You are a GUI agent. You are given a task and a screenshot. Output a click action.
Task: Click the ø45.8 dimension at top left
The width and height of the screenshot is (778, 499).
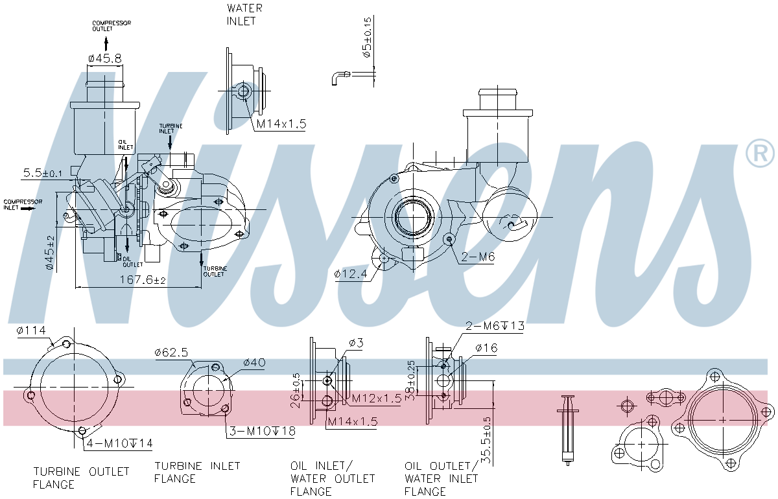click(x=104, y=58)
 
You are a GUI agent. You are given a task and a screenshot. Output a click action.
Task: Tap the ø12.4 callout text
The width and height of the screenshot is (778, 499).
click(x=351, y=274)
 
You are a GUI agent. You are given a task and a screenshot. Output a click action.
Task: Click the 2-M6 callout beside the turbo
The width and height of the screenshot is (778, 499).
click(x=478, y=257)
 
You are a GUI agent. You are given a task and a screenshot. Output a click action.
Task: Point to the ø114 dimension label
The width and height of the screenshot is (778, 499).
click(x=31, y=331)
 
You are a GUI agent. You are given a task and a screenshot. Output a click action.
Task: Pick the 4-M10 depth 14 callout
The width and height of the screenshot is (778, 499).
click(x=120, y=443)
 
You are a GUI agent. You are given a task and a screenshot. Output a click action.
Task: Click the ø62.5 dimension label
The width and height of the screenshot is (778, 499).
click(x=171, y=353)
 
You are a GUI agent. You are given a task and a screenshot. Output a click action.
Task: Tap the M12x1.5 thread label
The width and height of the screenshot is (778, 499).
click(x=377, y=399)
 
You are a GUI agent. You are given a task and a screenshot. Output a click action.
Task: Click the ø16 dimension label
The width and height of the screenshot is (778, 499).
click(x=486, y=349)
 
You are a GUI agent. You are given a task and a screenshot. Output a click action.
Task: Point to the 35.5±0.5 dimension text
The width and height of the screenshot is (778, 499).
click(x=487, y=441)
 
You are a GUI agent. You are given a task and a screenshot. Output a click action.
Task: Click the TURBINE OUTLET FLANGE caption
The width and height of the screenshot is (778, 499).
click(x=81, y=478)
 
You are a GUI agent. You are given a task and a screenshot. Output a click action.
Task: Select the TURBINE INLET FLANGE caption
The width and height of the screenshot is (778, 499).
click(x=197, y=472)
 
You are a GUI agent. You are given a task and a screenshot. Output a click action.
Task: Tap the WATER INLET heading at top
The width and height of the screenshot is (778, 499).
click(x=244, y=14)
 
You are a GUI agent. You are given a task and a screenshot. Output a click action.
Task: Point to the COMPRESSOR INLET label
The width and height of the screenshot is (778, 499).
click(x=23, y=205)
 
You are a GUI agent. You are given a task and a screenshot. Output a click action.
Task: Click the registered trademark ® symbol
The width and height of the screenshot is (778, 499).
click(x=760, y=154)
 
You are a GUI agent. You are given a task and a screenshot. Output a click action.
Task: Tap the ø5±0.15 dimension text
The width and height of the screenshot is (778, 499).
click(x=368, y=38)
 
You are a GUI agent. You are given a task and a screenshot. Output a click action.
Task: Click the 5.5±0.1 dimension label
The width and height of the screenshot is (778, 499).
click(x=43, y=173)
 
